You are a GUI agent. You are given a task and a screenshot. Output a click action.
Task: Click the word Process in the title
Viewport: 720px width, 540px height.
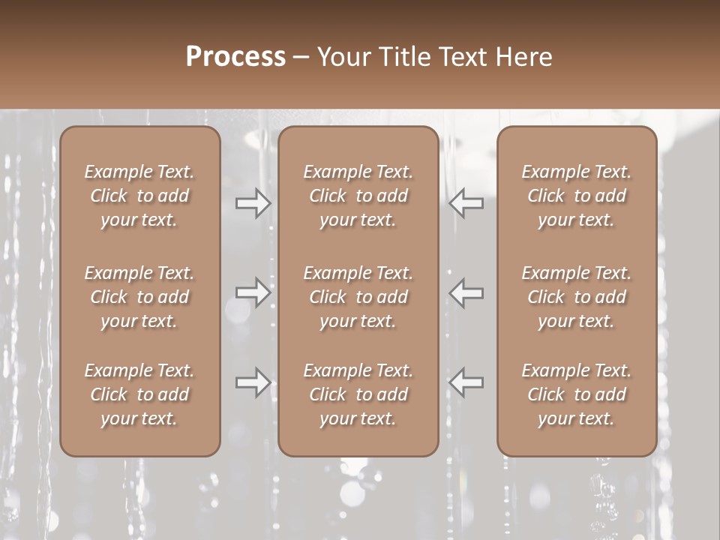(x=235, y=57)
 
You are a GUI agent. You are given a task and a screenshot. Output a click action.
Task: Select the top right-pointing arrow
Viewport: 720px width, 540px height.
(x=253, y=203)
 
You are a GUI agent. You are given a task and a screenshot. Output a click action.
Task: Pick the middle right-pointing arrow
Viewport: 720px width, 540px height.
(x=253, y=292)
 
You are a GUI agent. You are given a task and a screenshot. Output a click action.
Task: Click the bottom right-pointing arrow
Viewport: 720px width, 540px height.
(x=253, y=382)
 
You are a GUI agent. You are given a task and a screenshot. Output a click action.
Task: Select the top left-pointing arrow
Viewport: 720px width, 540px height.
(x=466, y=203)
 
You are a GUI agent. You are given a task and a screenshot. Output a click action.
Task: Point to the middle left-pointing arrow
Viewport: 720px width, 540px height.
(x=466, y=292)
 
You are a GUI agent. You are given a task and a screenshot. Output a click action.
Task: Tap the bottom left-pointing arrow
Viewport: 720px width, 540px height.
(x=466, y=382)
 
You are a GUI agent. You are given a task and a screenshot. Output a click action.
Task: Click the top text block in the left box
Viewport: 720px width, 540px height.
(x=139, y=196)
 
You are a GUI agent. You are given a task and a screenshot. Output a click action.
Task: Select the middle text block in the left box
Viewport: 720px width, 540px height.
(x=139, y=297)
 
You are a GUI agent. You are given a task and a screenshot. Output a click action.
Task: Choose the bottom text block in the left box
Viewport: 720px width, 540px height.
(x=139, y=394)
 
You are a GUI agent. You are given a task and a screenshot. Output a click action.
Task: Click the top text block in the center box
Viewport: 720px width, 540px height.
(x=358, y=196)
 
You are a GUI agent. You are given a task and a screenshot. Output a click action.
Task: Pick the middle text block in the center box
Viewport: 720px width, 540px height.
(x=358, y=297)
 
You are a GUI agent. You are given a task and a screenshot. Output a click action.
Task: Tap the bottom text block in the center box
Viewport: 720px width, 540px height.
(x=358, y=394)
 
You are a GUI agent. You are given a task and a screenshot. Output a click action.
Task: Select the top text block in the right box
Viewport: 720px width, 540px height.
(x=576, y=196)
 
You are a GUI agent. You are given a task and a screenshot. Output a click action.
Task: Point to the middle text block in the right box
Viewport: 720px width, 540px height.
(x=576, y=297)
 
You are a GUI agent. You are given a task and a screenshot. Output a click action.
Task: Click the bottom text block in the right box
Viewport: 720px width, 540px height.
(x=576, y=394)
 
